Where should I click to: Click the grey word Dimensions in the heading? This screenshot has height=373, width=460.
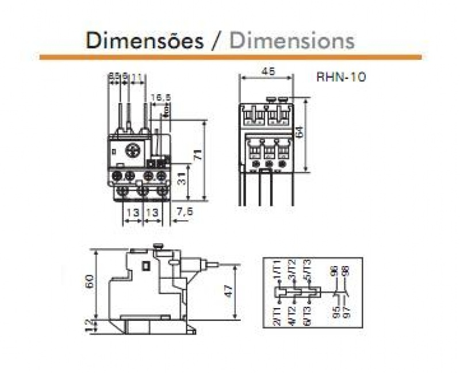292,41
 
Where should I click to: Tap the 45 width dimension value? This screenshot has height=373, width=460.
267,72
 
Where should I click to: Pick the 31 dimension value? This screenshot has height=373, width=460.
180,180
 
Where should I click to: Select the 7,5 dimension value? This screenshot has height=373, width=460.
185,212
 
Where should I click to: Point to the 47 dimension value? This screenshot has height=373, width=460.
228,291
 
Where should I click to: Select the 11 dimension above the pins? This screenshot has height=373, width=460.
136,76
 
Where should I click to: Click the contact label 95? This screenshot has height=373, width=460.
335,313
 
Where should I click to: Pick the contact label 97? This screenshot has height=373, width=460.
346,313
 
